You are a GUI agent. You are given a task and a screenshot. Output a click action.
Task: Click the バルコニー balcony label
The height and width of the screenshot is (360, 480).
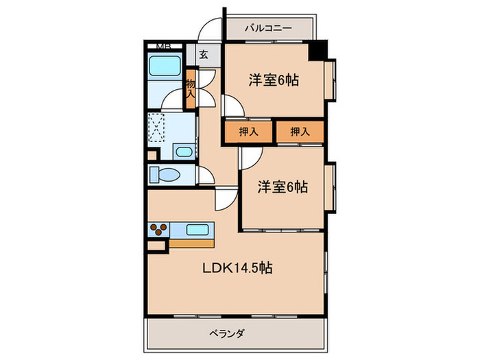pos(269,29)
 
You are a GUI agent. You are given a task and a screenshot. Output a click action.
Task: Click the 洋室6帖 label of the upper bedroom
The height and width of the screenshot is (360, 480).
pos(273,80)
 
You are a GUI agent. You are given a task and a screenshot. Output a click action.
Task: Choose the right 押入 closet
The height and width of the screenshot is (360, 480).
pos(300,132)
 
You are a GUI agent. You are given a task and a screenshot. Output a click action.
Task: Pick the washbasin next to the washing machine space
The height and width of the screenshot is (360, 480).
pos(184,152)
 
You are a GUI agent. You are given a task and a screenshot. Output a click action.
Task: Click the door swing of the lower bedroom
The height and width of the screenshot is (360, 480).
pos(248,158)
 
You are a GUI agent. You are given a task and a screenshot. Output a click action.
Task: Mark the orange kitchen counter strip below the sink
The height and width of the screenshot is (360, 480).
pos(191,242)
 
